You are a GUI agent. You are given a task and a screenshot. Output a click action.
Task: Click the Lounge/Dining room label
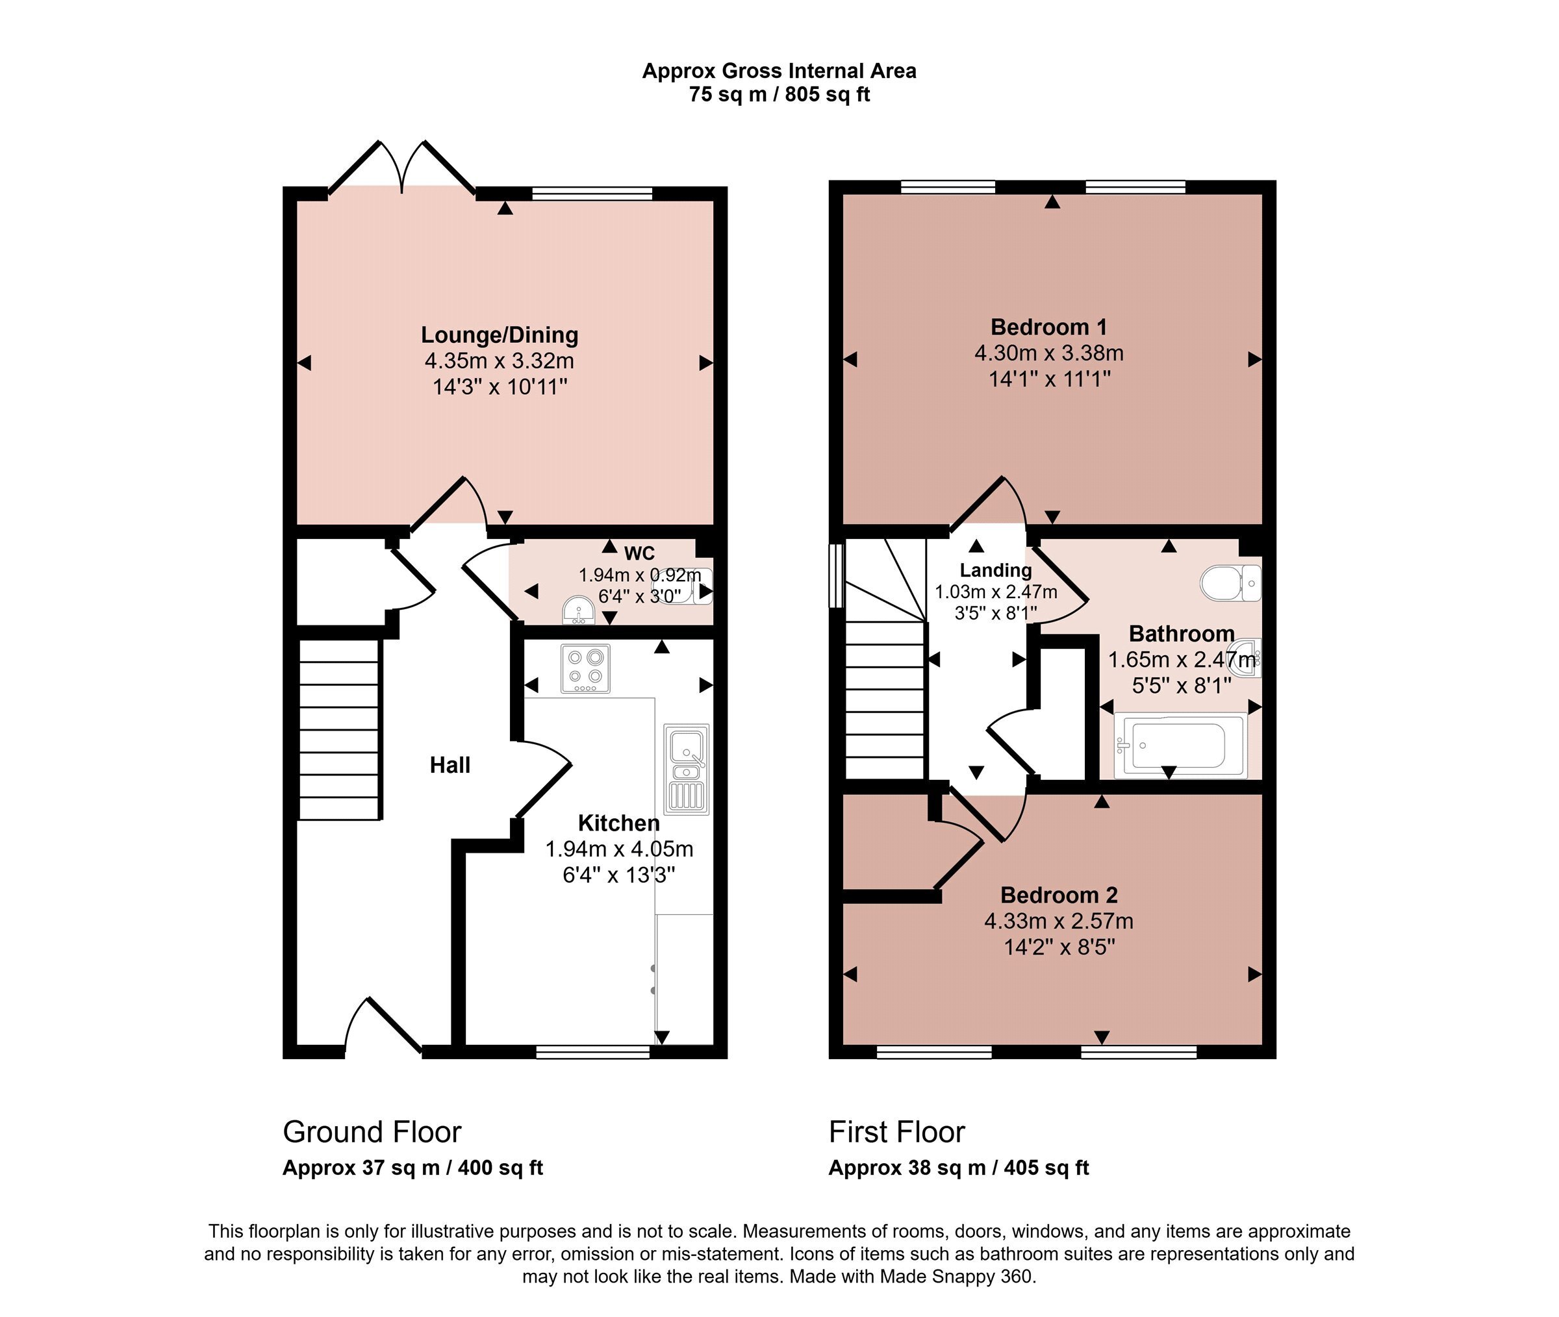coord(500,335)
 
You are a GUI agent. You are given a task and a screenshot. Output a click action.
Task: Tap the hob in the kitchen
coord(585,668)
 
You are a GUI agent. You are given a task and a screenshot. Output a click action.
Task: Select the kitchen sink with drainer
coord(686,768)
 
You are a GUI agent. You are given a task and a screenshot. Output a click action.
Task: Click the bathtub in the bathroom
coord(1180,745)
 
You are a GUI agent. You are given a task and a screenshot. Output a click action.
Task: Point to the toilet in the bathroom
coord(1230,583)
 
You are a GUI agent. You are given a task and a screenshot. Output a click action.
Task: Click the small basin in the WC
coord(579,610)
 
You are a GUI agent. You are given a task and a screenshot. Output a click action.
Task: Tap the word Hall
coord(450,765)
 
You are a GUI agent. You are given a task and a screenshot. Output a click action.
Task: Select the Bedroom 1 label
coord(1048,327)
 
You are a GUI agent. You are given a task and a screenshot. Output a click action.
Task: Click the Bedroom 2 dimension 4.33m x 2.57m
coord(1058,922)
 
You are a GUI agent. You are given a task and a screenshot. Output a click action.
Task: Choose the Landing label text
coord(995,570)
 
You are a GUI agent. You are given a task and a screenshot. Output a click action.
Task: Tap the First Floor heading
coord(896,1132)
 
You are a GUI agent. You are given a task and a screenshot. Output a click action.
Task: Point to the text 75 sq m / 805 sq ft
coord(779,95)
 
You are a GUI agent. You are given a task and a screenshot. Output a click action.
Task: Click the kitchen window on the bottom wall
coord(593,1052)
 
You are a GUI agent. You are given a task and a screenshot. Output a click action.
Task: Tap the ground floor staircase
coord(340,729)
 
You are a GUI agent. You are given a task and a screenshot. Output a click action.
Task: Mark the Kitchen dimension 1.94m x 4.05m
coord(619,849)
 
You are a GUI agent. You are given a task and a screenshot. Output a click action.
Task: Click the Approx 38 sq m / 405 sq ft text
coord(959,1168)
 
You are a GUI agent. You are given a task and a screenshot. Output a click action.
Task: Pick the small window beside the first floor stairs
coord(836,575)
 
